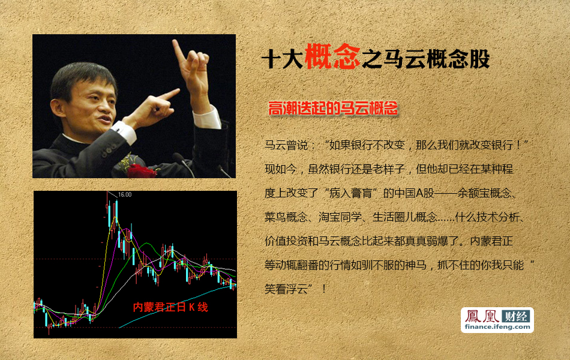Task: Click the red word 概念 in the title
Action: point(332,56)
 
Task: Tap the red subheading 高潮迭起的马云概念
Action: point(332,109)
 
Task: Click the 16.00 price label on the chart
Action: point(125,195)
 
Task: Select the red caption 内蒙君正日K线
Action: point(170,307)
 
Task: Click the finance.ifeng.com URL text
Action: point(497,326)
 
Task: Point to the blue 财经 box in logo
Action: point(515,316)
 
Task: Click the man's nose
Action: point(103,106)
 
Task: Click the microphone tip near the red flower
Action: point(177,157)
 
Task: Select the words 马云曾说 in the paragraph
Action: point(286,145)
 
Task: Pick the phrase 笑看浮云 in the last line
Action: point(286,289)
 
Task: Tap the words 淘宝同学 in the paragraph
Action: point(340,217)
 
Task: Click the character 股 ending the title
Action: point(479,59)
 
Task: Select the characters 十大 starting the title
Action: point(283,59)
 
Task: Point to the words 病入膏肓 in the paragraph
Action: point(351,193)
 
